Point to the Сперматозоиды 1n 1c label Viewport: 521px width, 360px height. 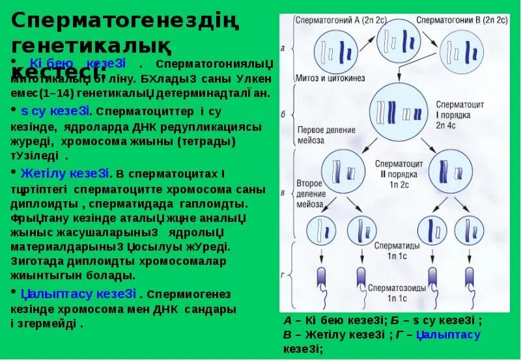coord(397,292)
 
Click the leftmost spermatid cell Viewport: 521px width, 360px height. coord(324,231)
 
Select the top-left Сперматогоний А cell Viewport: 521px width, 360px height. coord(334,53)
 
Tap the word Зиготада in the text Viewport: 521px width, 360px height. coord(37,261)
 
